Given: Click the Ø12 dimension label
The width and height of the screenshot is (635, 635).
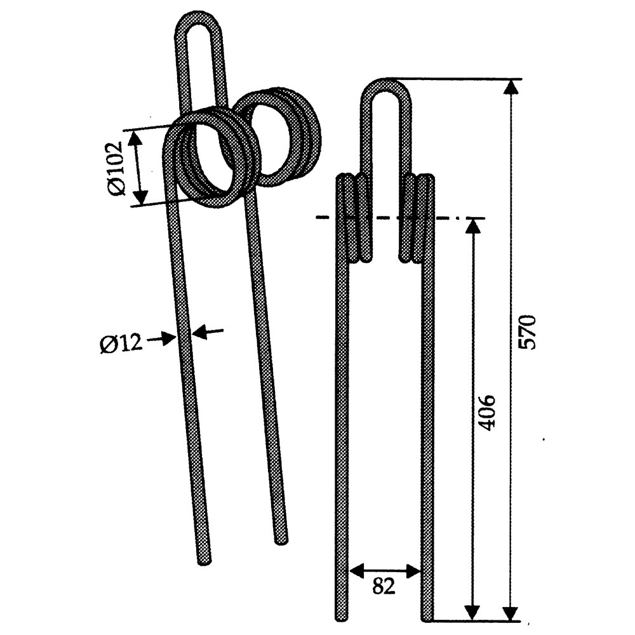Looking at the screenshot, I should point(122,344).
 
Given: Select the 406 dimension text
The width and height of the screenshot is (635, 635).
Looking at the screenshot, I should point(485,413).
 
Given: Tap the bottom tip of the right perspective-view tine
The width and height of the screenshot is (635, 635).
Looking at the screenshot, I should point(281,540).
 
